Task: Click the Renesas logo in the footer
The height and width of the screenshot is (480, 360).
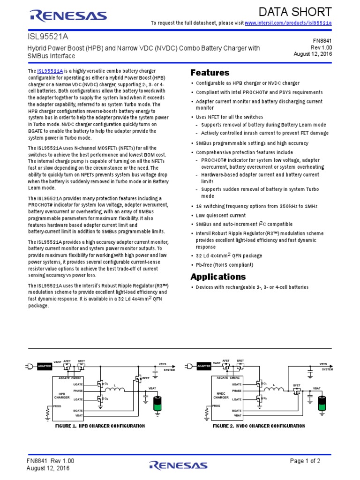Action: pyautogui.click(x=178, y=465)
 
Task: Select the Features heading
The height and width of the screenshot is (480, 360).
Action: pyautogui.click(x=210, y=73)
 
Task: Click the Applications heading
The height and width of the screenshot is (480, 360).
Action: pyautogui.click(x=218, y=277)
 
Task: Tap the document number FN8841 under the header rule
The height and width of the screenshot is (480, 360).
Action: pyautogui.click(x=322, y=41)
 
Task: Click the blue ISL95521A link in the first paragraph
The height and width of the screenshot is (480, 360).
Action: pyautogui.click(x=50, y=71)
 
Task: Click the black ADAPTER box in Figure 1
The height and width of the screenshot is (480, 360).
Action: pyautogui.click(x=44, y=366)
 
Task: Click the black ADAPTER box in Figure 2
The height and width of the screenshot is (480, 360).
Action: pyautogui.click(x=204, y=366)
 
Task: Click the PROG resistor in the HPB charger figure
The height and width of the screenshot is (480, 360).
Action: pyautogui.click(x=47, y=412)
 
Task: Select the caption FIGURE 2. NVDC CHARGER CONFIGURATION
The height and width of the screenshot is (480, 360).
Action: pyautogui.click(x=259, y=426)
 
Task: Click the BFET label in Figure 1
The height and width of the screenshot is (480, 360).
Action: pyautogui.click(x=146, y=378)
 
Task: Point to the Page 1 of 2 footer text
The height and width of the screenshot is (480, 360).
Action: pyautogui.click(x=305, y=461)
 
